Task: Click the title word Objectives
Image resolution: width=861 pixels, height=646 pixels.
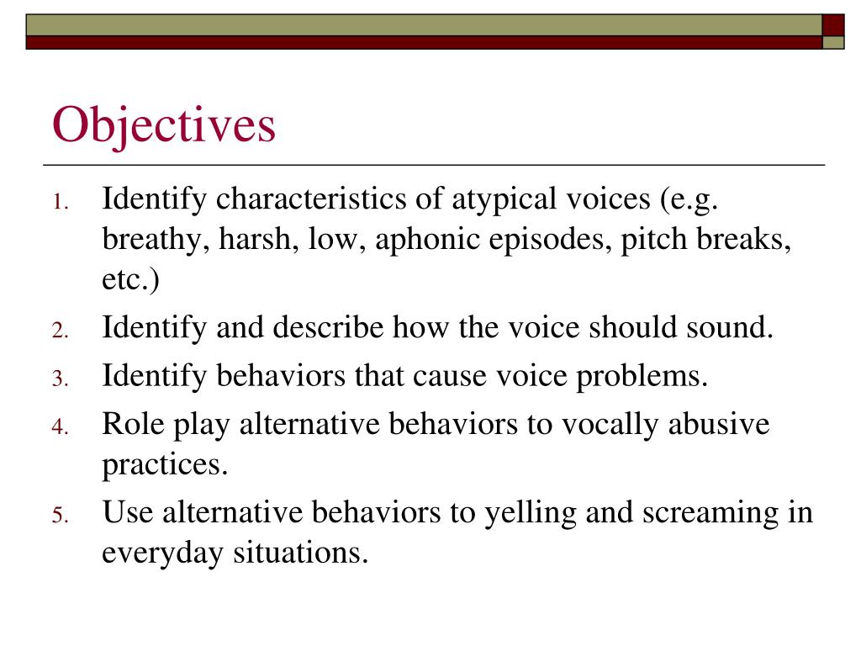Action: [x=164, y=125]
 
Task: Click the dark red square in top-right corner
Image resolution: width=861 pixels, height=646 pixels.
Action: [x=832, y=24]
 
